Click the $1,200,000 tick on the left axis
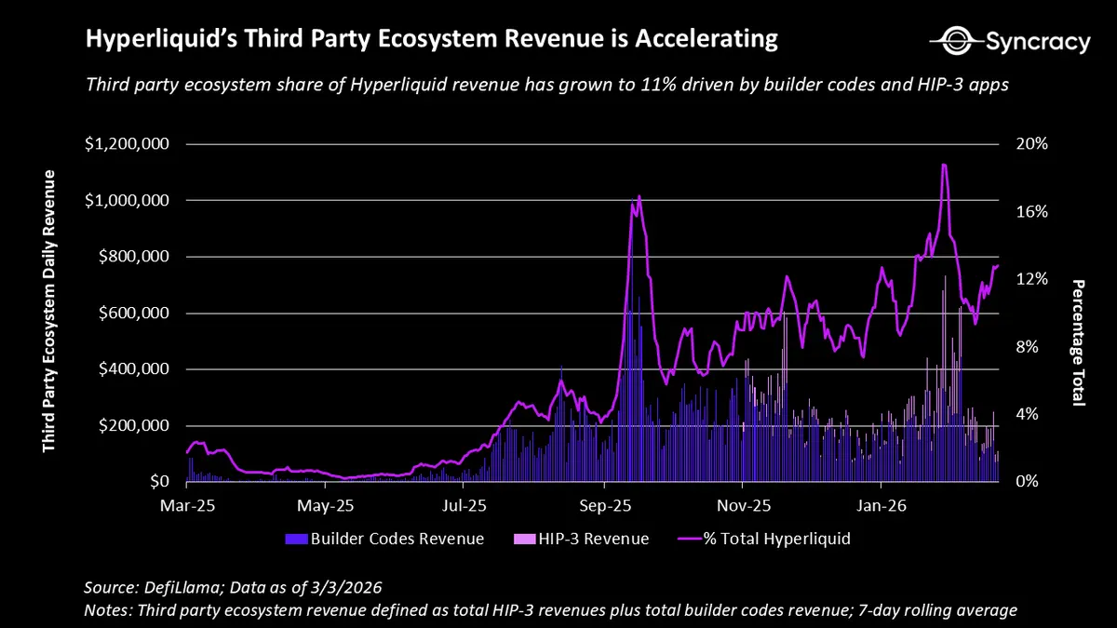pyautogui.click(x=127, y=144)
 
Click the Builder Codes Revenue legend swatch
pyautogui.click(x=296, y=539)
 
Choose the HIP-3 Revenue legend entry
pyautogui.click(x=581, y=539)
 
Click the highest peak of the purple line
pyautogui.click(x=944, y=165)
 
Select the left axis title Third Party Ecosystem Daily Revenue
pyautogui.click(x=48, y=312)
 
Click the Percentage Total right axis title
pyautogui.click(x=1078, y=342)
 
